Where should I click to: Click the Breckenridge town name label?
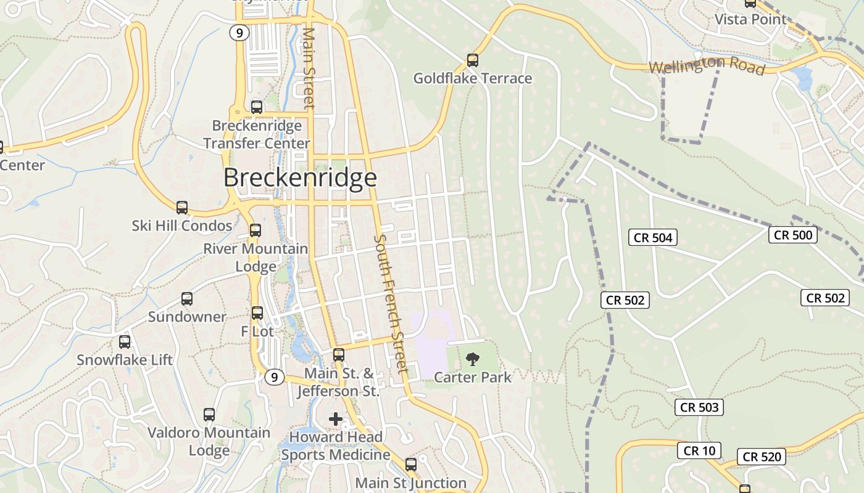pyautogui.click(x=300, y=177)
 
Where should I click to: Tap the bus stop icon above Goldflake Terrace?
pyautogui.click(x=473, y=60)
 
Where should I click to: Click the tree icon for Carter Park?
pyautogui.click(x=473, y=359)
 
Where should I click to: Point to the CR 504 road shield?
pyautogui.click(x=653, y=237)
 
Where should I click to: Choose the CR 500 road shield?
pyautogui.click(x=793, y=235)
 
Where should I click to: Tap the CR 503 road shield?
pyautogui.click(x=699, y=407)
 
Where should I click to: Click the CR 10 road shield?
pyautogui.click(x=699, y=451)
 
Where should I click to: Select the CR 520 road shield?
pyautogui.click(x=762, y=457)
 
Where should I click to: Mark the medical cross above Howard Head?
pyautogui.click(x=336, y=420)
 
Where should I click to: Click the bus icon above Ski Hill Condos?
pyautogui.click(x=181, y=208)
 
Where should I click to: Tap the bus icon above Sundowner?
pyautogui.click(x=187, y=299)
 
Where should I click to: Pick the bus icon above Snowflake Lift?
pyautogui.click(x=125, y=342)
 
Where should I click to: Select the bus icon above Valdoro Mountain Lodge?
pyautogui.click(x=209, y=415)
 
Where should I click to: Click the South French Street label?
pyautogui.click(x=391, y=304)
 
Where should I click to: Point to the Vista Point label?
pyautogui.click(x=750, y=19)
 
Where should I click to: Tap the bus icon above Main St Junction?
pyautogui.click(x=411, y=465)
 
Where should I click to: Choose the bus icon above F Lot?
pyautogui.click(x=257, y=313)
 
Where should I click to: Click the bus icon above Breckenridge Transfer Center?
pyautogui.click(x=257, y=107)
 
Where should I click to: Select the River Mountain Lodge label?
pyautogui.click(x=255, y=258)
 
